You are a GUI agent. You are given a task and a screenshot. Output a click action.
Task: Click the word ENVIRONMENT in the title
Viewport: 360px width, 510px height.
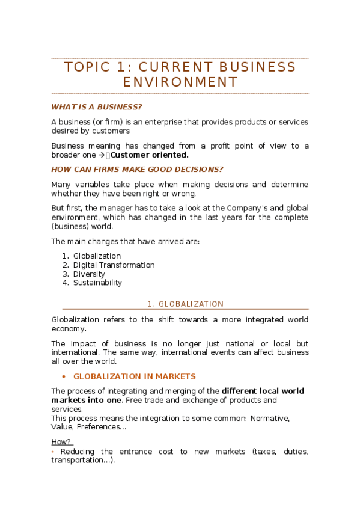pos(180,82)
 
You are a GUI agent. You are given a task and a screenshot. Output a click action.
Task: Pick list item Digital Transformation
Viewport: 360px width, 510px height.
pos(114,265)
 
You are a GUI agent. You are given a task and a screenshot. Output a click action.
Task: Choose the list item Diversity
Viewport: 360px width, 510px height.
pos(89,274)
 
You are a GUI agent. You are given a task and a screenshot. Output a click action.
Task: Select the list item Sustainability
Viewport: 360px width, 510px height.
pos(97,283)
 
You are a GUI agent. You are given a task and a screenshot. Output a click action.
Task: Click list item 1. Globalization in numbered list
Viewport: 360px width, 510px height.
pos(97,256)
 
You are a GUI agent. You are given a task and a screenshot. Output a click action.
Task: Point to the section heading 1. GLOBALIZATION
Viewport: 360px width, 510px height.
pos(185,304)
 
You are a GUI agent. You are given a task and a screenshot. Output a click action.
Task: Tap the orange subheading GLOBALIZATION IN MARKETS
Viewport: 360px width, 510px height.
pos(134,376)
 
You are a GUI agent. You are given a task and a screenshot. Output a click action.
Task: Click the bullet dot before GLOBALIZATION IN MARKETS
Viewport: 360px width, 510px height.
pos(64,376)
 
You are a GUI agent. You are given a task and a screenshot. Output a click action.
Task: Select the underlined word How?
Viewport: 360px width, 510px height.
pos(61,442)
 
